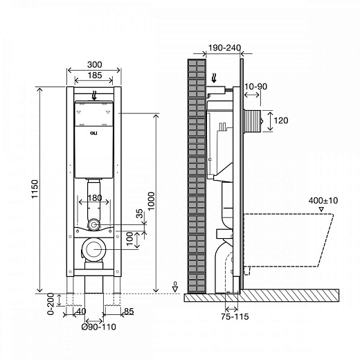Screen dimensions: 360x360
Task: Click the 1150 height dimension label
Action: [35, 189]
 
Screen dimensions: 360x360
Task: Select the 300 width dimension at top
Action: [95, 64]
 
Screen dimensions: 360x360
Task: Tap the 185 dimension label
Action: [95, 75]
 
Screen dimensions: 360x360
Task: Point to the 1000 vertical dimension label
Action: [151, 201]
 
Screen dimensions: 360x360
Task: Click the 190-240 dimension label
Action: [224, 48]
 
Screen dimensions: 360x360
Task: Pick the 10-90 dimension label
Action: [255, 87]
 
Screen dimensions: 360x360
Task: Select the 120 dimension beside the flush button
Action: [281, 120]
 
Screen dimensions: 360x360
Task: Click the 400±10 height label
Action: [323, 201]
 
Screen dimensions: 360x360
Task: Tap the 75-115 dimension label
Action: [235, 316]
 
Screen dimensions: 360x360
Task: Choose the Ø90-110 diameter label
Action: [99, 327]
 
